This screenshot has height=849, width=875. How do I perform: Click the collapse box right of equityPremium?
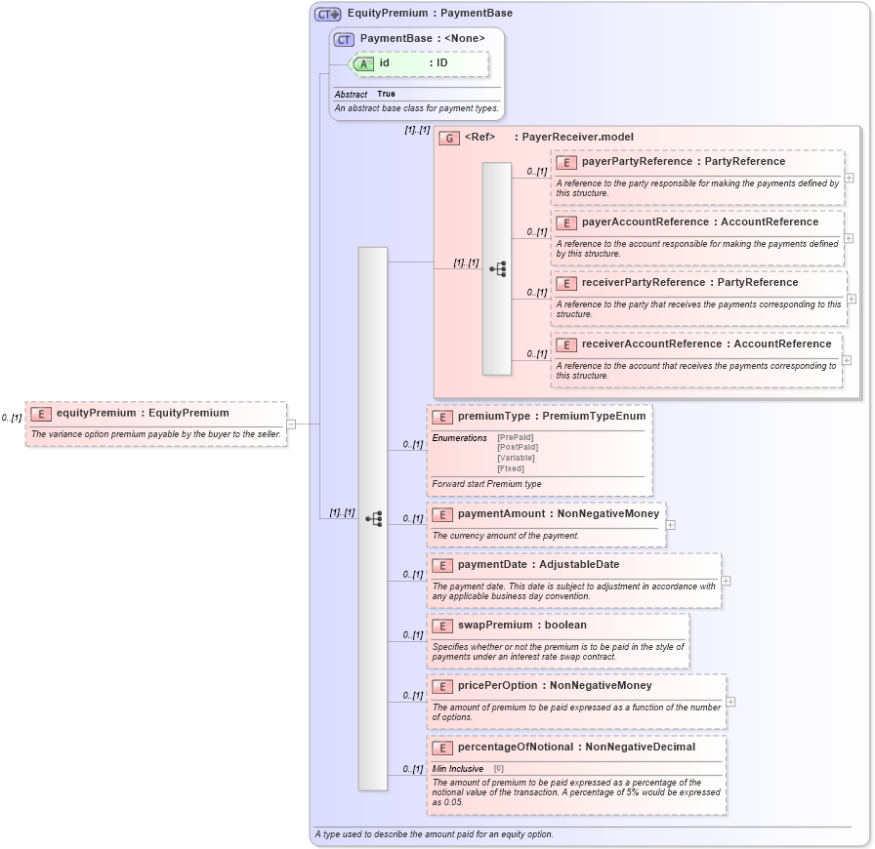[x=291, y=424]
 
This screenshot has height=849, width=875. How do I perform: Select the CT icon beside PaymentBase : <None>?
[x=344, y=39]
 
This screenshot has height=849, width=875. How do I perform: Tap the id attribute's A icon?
[x=363, y=63]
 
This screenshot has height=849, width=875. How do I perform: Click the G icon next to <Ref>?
[x=449, y=139]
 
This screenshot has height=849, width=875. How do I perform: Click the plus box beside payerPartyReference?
[x=849, y=178]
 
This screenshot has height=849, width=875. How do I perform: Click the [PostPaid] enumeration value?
[x=517, y=448]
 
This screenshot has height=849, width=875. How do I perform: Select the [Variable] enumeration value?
[x=516, y=458]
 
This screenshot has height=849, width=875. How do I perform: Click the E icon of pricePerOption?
[x=442, y=686]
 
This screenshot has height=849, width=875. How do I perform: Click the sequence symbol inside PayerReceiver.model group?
[x=497, y=268]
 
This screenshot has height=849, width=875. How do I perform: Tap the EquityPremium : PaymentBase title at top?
[x=430, y=14]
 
